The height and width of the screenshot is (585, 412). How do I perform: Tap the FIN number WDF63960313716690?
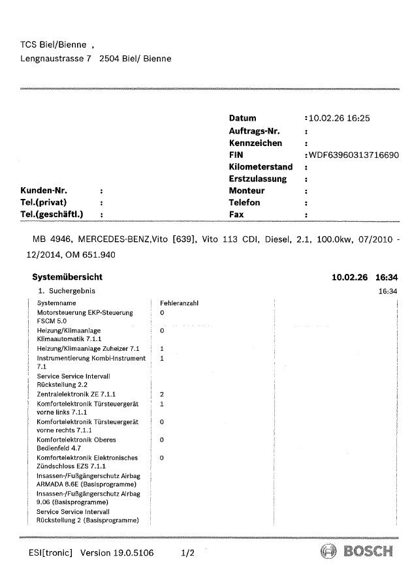click(x=353, y=155)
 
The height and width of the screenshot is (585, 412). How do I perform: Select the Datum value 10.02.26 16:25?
click(x=340, y=119)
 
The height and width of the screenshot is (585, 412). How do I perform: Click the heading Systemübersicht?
click(x=67, y=277)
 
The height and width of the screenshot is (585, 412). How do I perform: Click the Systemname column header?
click(x=55, y=303)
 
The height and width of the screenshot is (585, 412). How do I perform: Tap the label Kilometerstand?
click(x=261, y=167)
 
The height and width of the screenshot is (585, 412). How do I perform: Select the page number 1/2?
click(x=188, y=553)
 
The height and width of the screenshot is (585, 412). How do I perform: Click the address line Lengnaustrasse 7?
click(x=56, y=58)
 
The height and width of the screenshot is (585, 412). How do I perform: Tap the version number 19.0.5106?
click(x=135, y=553)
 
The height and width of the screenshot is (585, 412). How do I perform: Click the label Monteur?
click(x=247, y=190)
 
